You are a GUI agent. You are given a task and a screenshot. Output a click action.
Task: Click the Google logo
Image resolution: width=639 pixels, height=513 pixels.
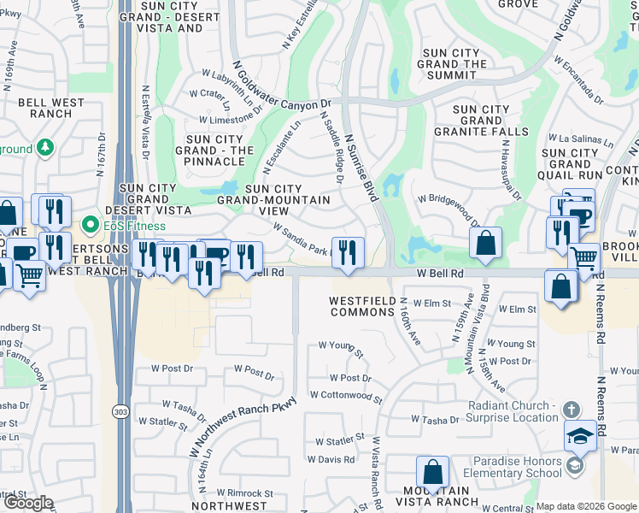point(28,503)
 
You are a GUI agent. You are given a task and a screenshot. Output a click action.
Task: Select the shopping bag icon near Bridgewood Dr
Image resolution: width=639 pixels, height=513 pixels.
point(485,242)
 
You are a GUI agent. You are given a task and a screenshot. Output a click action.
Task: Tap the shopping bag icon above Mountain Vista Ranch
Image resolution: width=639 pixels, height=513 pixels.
point(432,472)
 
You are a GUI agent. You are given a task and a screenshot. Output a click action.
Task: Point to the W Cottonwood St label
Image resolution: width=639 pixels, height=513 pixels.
point(345,396)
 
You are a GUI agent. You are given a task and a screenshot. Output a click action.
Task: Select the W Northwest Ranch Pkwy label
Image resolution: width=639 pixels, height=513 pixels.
point(243,427)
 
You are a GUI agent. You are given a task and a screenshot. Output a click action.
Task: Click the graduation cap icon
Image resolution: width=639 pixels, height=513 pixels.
point(580,436)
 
